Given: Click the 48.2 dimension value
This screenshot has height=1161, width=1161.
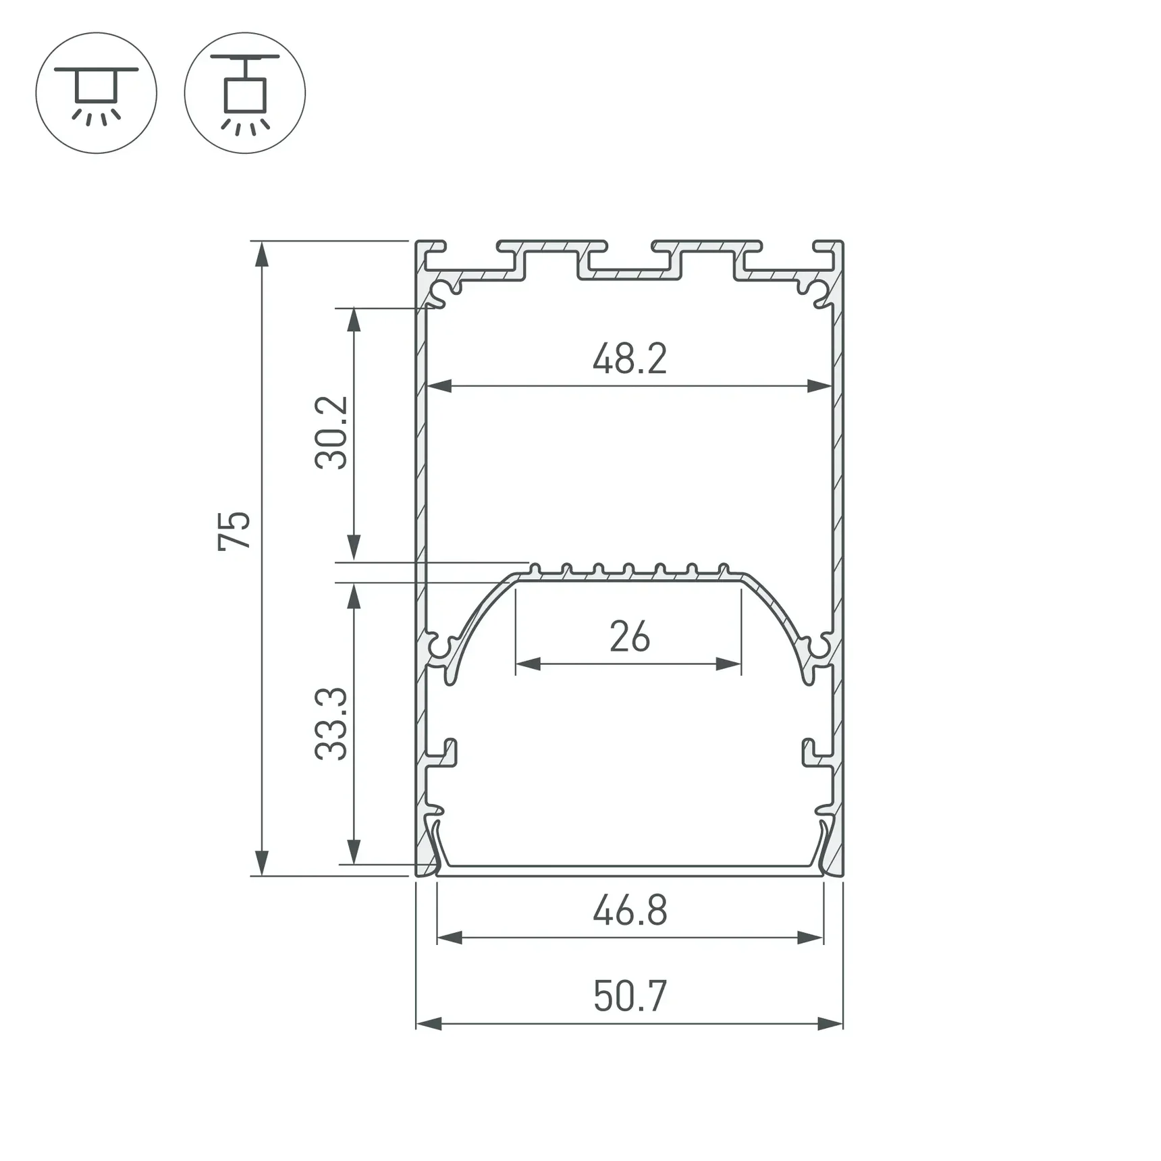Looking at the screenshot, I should pyautogui.click(x=629, y=359).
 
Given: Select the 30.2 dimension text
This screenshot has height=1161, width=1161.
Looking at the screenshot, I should pyautogui.click(x=331, y=433).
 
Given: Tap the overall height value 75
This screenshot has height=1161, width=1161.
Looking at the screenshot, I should pyautogui.click(x=234, y=531).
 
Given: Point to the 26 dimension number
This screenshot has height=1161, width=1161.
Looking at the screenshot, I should pyautogui.click(x=629, y=637).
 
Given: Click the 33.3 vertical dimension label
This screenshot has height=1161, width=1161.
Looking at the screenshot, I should pyautogui.click(x=331, y=724).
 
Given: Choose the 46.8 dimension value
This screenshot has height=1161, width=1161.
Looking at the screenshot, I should pyautogui.click(x=630, y=911).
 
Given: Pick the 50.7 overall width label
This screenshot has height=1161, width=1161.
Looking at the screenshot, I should pyautogui.click(x=630, y=996).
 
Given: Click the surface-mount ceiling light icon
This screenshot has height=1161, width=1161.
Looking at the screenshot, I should pyautogui.click(x=97, y=93).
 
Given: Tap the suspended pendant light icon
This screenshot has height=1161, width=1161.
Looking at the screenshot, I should pyautogui.click(x=244, y=93).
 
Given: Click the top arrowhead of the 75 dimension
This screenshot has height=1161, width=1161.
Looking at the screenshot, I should pyautogui.click(x=262, y=254).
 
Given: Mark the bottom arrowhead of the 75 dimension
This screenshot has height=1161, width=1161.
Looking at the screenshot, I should pyautogui.click(x=262, y=863).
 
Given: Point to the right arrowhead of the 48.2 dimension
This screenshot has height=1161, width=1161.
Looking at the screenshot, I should pyautogui.click(x=819, y=386).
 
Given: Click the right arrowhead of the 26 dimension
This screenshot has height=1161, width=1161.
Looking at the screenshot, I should pyautogui.click(x=728, y=664).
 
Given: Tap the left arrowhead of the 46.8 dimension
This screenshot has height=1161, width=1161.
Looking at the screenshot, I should pyautogui.click(x=450, y=938).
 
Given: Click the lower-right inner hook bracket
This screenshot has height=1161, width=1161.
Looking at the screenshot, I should pyautogui.click(x=814, y=753).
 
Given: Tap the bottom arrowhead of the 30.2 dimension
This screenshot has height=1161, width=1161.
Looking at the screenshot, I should pyautogui.click(x=353, y=547).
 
